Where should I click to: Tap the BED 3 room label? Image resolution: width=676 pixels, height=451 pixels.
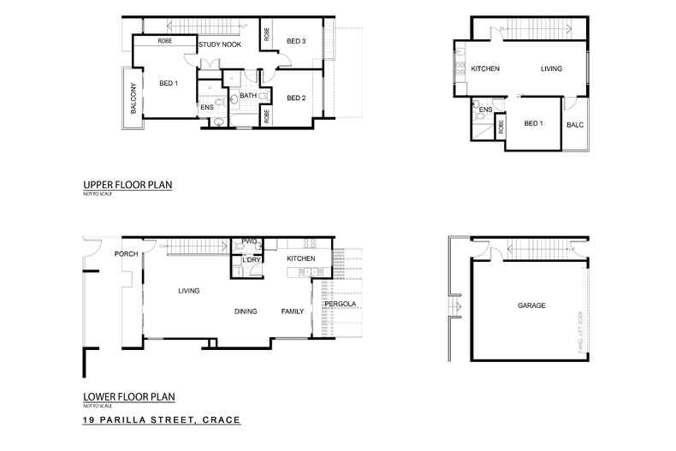[x=296, y=40]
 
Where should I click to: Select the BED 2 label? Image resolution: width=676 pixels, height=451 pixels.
[x=296, y=98]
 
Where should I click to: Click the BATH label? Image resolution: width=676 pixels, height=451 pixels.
[x=248, y=96]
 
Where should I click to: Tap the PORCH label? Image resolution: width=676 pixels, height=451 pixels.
[x=126, y=253]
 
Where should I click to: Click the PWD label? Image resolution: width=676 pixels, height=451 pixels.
[x=250, y=241]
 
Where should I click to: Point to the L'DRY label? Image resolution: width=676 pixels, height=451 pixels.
[x=252, y=259]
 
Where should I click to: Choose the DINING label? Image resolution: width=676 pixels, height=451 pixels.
[x=246, y=312]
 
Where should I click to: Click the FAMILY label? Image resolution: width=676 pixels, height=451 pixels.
[x=293, y=312]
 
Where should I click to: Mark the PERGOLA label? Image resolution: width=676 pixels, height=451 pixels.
[x=339, y=304]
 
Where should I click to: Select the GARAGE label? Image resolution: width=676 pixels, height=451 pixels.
[x=531, y=306]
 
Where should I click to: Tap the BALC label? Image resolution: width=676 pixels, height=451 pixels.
[x=575, y=125]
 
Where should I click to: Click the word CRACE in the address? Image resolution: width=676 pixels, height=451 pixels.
[x=217, y=421]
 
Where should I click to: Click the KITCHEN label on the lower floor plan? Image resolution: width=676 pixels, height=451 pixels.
[x=301, y=258]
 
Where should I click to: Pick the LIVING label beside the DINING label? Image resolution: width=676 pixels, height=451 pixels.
[x=188, y=291]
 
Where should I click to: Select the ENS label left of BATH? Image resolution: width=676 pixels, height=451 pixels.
[x=207, y=107]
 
